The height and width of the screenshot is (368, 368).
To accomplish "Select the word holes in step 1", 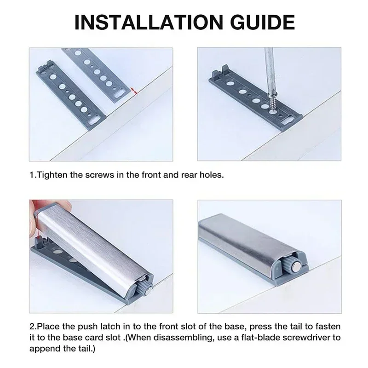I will coord(213,175).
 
